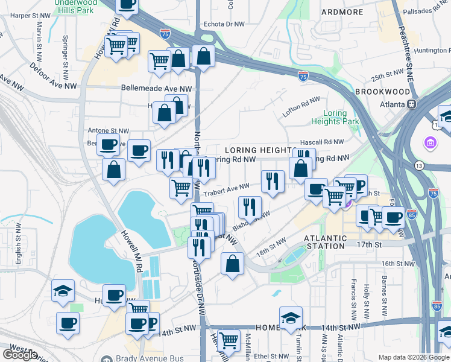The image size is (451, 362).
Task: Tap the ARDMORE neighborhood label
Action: [x=342, y=11]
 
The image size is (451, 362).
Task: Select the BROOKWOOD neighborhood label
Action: [x=382, y=91]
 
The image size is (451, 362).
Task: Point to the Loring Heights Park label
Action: [x=335, y=117]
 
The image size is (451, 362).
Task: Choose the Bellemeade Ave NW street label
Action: [x=156, y=88]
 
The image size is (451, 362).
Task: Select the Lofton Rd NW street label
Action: [x=301, y=108]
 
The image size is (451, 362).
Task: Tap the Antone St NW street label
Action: [x=109, y=130]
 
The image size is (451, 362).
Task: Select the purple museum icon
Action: [x=430, y=143]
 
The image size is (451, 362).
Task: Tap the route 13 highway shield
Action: [x=418, y=165]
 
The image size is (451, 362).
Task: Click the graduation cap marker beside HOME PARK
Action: [x=291, y=318]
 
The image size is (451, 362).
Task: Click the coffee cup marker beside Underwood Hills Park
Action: [x=127, y=5]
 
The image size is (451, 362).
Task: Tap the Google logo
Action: [x=20, y=355]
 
